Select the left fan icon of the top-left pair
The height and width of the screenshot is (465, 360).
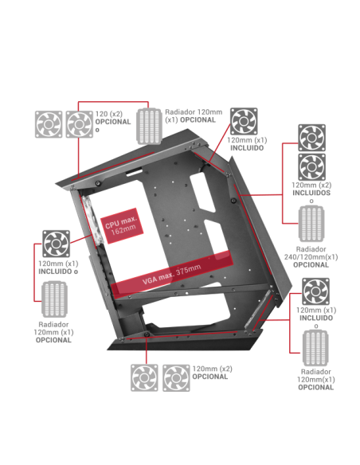[49, 123]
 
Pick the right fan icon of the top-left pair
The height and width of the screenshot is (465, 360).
[79, 123]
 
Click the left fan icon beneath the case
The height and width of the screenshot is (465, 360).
[145, 377]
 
